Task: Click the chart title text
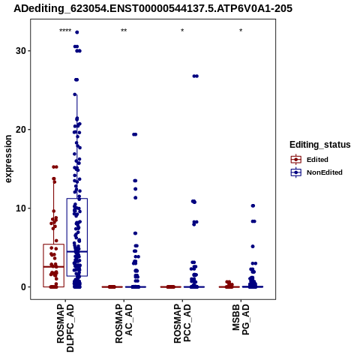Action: pos(153,9)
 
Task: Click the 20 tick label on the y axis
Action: pos(21,130)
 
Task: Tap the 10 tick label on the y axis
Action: pos(21,208)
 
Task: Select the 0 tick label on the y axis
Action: pos(24,287)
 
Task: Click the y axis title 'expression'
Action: pos(8,159)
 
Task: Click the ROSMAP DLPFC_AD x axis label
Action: pos(65,328)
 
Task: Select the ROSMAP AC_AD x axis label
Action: pos(124,323)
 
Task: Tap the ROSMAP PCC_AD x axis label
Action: pos(182,323)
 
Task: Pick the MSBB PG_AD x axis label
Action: pos(241,319)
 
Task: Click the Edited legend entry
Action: pos(310,160)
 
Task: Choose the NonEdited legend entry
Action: pos(316,172)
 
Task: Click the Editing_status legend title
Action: pos(320,145)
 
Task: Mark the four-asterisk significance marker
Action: pos(65,31)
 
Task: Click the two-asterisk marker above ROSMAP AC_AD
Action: pos(124,31)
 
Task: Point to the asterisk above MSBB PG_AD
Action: pos(241,31)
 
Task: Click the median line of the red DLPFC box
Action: pos(54,267)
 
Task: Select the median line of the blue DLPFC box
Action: pos(77,251)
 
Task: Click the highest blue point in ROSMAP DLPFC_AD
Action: pos(77,32)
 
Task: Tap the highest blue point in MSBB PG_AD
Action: pos(253,205)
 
